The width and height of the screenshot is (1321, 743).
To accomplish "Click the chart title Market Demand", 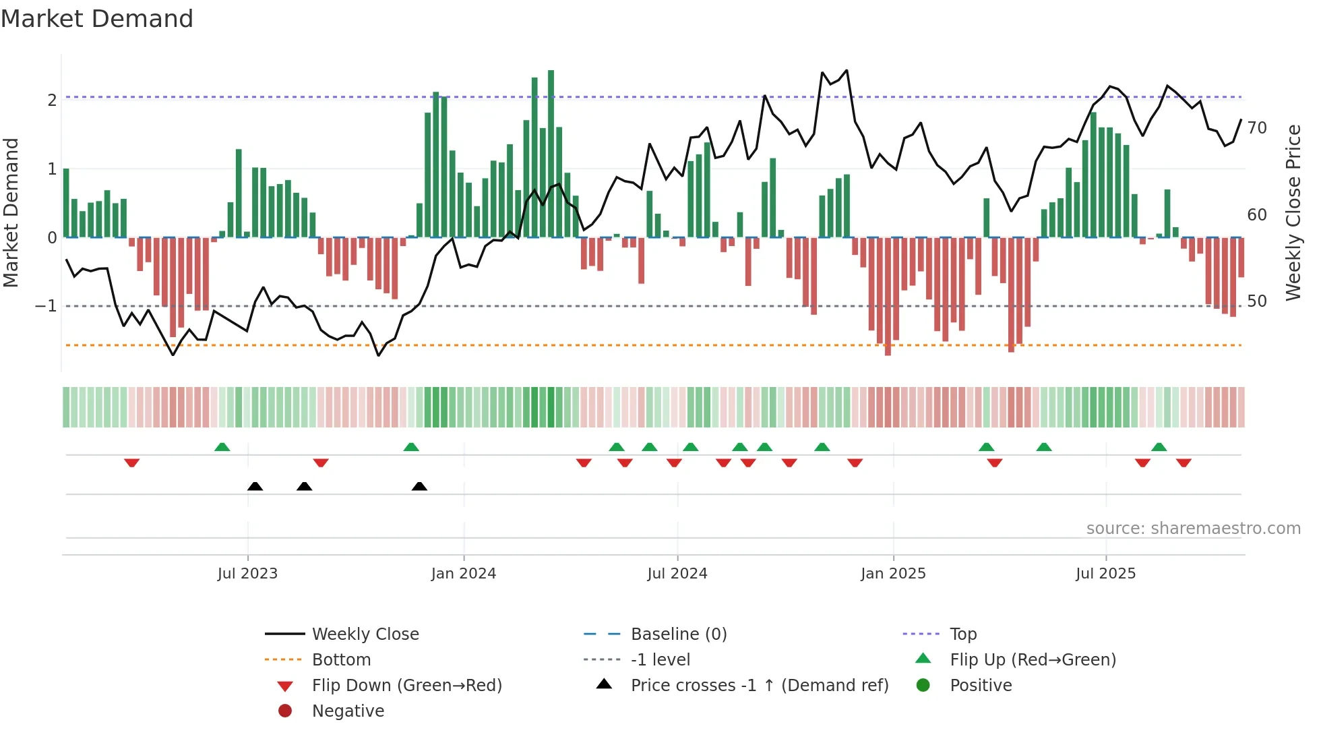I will click(97, 19).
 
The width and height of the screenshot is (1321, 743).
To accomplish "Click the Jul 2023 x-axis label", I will click(247, 574).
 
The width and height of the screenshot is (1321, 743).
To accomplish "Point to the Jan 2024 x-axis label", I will click(464, 574).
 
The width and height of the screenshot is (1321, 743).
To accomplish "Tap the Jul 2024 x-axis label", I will click(677, 574).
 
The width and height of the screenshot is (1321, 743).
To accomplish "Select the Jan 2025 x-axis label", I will click(893, 574).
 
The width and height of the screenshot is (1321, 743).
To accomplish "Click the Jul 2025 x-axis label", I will click(1105, 574).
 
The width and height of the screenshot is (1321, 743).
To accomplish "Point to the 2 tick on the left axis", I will click(52, 100).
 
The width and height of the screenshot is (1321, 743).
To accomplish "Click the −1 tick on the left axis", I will click(46, 306).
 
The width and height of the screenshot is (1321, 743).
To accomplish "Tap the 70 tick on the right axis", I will click(1257, 128).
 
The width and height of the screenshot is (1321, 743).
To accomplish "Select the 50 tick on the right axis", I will click(1257, 301).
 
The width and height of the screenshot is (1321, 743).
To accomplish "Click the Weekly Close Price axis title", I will click(1293, 212).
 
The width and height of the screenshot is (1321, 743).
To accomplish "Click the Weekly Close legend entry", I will click(365, 634).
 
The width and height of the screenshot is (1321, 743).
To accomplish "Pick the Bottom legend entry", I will click(341, 660).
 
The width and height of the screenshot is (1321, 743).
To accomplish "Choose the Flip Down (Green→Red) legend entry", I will click(406, 686).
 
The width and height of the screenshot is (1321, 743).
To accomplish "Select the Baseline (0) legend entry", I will click(678, 634).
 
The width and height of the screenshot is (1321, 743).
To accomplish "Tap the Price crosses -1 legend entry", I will click(759, 686).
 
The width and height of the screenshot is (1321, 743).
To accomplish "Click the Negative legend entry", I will click(348, 711).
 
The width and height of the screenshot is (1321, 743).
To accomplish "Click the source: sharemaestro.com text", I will click(1193, 529).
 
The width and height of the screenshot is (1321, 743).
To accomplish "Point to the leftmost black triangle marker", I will click(255, 486).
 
